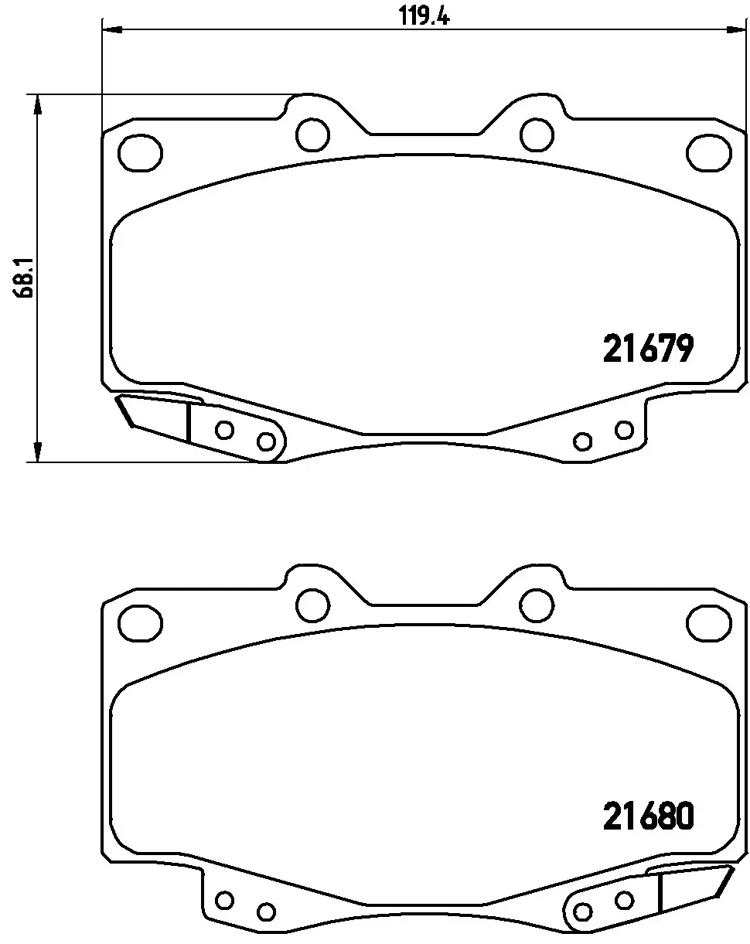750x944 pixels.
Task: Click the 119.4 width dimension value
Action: (424, 17)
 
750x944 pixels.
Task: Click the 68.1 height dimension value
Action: (24, 278)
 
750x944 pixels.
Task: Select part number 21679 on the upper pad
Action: (648, 348)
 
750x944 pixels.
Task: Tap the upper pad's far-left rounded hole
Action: (141, 153)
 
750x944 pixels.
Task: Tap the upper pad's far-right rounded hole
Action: (709, 153)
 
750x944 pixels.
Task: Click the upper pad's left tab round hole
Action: (312, 135)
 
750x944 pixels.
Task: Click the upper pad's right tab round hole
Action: (537, 135)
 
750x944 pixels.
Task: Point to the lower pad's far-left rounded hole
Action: (141, 623)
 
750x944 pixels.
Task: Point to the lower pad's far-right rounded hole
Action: (709, 623)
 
